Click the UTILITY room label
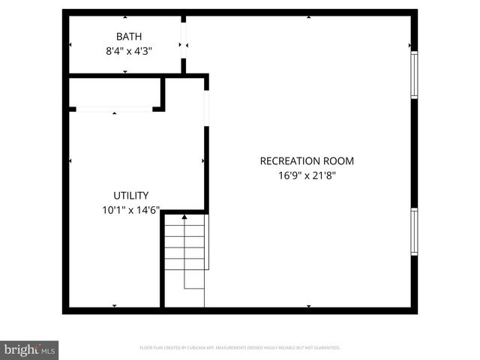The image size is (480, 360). [130, 195]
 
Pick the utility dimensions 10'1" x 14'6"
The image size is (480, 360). [130, 211]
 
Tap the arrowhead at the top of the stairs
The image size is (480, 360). [184, 217]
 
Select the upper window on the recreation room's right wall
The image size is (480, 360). [413, 74]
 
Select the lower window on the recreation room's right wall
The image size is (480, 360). [413, 232]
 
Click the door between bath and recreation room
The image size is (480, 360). [183, 45]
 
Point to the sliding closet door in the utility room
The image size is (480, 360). [115, 109]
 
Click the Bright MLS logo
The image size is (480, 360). [29, 349]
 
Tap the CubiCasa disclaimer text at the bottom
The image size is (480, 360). [240, 348]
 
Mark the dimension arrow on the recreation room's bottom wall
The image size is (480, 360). [309, 306]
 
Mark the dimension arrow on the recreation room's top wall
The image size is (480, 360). [309, 16]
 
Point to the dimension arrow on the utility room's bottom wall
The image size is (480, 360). [114, 306]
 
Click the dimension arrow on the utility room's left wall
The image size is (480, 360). [70, 160]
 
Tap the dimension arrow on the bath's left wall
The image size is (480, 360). [70, 45]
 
